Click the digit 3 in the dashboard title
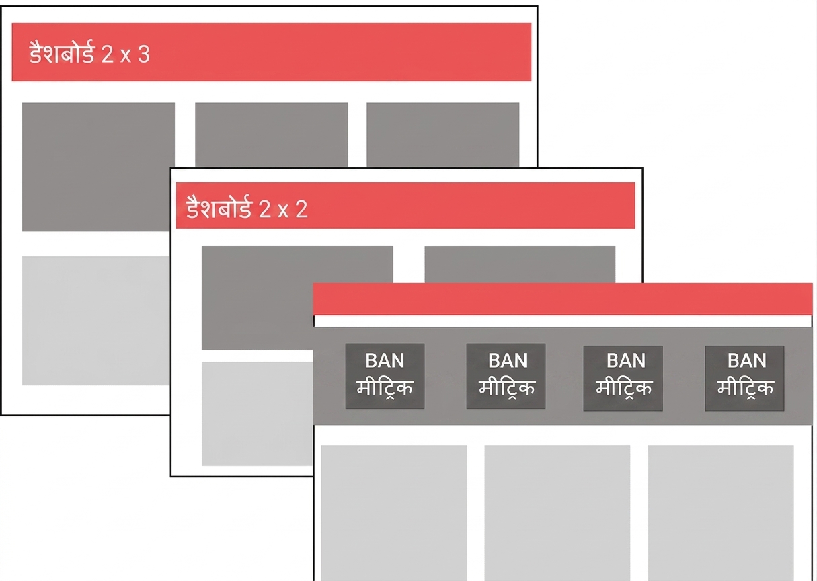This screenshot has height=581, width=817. (x=144, y=54)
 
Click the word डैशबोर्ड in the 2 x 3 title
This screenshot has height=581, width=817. (x=62, y=52)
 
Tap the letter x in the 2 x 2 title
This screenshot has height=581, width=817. (x=282, y=210)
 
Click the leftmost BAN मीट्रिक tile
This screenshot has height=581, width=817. (x=385, y=376)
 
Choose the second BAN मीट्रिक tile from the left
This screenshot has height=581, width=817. (x=506, y=376)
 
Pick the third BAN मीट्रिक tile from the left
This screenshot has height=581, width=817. (x=623, y=378)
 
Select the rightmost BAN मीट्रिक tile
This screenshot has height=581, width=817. (x=744, y=378)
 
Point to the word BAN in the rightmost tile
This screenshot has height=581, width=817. (x=746, y=360)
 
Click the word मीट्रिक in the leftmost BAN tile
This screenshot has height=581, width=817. (x=385, y=388)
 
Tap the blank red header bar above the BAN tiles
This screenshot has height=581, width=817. (x=563, y=299)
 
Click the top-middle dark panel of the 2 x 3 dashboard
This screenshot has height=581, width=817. (x=272, y=134)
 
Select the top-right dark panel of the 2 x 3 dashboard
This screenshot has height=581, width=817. (x=442, y=134)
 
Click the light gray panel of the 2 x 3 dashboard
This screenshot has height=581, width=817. (x=95, y=321)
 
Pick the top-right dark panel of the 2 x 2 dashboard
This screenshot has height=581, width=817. (x=520, y=264)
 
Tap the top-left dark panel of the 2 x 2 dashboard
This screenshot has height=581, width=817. (x=257, y=298)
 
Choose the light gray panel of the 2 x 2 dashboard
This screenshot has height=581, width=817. (x=257, y=414)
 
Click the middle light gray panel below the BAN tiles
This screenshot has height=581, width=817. (x=557, y=513)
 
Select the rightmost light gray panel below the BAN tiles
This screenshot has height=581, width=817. (x=721, y=513)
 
